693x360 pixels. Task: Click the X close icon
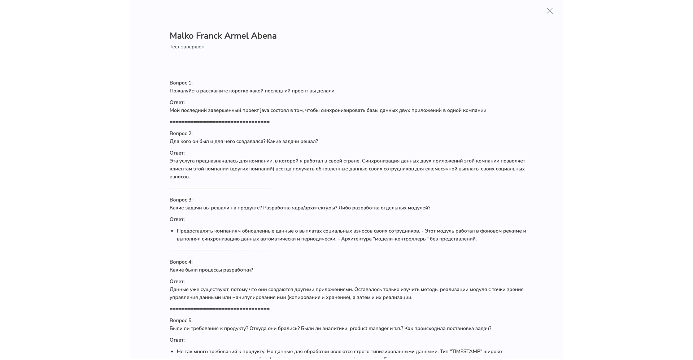pyautogui.click(x=549, y=11)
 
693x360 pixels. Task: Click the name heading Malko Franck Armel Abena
pyautogui.click(x=223, y=36)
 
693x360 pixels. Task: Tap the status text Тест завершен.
pyautogui.click(x=187, y=47)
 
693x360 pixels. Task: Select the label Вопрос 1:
pyautogui.click(x=181, y=83)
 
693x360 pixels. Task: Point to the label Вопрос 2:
pyautogui.click(x=181, y=134)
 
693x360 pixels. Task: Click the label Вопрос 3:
pyautogui.click(x=181, y=200)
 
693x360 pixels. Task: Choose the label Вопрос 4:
pyautogui.click(x=181, y=262)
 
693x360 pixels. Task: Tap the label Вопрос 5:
pyautogui.click(x=181, y=321)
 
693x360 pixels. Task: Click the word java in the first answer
pyautogui.click(x=265, y=110)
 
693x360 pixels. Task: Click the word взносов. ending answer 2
pyautogui.click(x=179, y=177)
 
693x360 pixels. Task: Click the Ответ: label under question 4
pyautogui.click(x=177, y=282)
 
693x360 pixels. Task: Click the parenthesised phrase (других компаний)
pyautogui.click(x=252, y=169)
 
